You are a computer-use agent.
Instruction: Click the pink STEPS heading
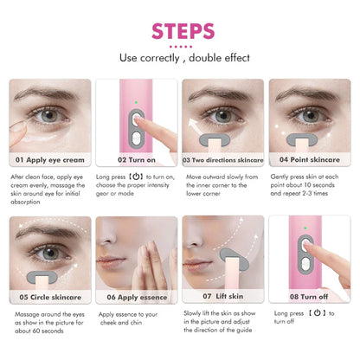click(179, 30)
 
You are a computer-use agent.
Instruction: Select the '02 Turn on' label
click(130, 160)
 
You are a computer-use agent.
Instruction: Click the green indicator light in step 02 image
click(135, 98)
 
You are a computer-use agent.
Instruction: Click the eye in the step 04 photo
click(307, 114)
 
